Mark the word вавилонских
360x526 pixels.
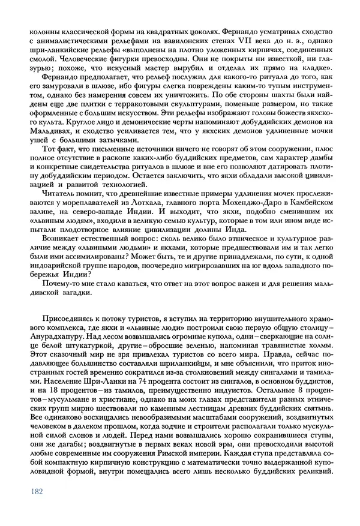(x=169, y=40)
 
